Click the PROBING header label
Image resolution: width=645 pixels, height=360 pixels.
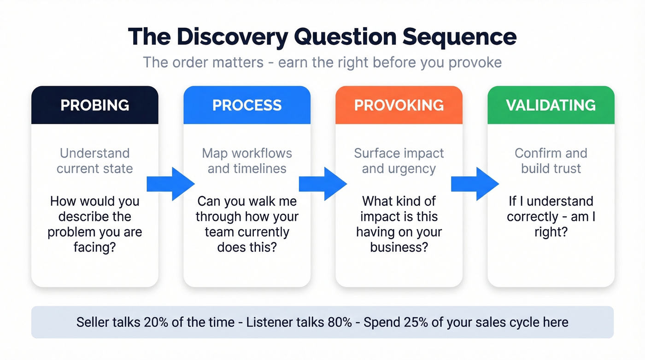click(94, 105)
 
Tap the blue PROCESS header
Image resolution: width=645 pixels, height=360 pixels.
click(247, 105)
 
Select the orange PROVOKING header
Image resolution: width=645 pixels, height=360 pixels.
click(399, 105)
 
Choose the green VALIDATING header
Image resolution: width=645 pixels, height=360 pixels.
click(551, 105)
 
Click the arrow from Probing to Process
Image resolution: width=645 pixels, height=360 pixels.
click(170, 184)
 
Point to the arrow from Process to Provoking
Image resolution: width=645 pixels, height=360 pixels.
click(322, 184)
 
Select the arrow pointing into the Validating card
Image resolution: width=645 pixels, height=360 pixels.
click(475, 184)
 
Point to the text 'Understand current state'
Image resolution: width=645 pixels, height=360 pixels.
click(94, 160)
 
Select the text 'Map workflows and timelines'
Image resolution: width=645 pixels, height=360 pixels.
click(247, 160)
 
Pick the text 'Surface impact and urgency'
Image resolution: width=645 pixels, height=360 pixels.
click(399, 160)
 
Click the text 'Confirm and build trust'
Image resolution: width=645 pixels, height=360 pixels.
click(551, 160)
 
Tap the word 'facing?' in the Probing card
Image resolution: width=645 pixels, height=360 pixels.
click(94, 248)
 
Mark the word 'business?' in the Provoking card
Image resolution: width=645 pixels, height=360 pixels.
click(399, 248)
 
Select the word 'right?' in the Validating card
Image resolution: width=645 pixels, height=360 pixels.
click(551, 232)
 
